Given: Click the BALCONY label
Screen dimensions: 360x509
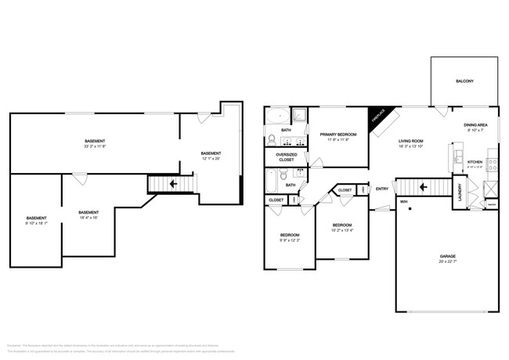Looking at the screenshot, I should tap(464, 81).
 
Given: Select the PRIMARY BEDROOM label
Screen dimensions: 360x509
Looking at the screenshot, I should tap(339, 135).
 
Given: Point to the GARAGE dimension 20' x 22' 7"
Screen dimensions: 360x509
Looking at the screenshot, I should tap(447, 261).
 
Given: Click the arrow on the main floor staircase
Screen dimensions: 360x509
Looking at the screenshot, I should tap(423, 187).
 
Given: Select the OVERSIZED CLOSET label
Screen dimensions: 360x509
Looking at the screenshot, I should tap(286, 157).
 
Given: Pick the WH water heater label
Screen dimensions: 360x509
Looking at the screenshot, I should tap(404, 202).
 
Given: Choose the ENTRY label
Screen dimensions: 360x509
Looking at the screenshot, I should tap(382, 189).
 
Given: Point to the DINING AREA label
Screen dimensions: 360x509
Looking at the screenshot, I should tap(475, 125).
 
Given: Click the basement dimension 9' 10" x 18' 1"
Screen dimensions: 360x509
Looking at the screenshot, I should tap(36, 223).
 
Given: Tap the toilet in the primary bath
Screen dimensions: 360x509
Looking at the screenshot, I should tap(272, 140).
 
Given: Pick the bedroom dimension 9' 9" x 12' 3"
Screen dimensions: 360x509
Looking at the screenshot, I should tap(290, 240).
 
